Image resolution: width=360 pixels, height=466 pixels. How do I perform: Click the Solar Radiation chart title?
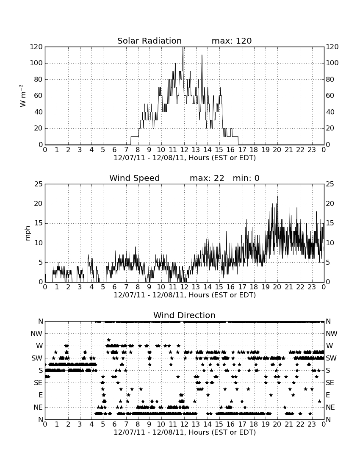(x=150, y=41)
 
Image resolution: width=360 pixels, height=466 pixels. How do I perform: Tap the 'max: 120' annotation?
(x=232, y=41)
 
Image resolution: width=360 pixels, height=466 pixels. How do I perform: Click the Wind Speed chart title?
(x=135, y=178)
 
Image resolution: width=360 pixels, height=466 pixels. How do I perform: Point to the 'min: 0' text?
(x=246, y=178)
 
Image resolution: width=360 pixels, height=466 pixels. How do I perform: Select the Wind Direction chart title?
(x=185, y=315)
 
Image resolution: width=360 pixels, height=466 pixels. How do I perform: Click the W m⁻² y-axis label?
(x=22, y=96)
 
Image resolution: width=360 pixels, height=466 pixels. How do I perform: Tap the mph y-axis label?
(x=28, y=233)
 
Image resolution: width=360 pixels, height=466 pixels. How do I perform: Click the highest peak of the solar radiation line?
(x=183, y=47)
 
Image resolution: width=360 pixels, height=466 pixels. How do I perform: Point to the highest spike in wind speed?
(x=277, y=196)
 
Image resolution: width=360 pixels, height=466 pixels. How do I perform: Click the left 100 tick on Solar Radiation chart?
(x=36, y=63)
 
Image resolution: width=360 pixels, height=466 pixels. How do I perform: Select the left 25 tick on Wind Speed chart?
(x=39, y=184)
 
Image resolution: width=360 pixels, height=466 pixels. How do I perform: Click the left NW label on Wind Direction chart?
(x=36, y=334)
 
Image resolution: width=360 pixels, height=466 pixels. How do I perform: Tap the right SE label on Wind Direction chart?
(x=330, y=383)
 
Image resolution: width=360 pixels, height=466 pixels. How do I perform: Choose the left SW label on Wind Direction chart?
(x=37, y=358)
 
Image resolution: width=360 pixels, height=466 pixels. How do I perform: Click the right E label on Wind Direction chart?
(x=328, y=395)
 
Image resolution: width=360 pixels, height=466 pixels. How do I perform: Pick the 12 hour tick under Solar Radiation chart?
(x=184, y=150)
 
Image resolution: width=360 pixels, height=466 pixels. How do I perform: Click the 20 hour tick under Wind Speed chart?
(x=277, y=287)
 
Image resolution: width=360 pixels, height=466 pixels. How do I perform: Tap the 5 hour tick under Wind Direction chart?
(x=103, y=424)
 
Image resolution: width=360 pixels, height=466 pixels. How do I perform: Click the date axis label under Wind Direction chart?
(x=185, y=432)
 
